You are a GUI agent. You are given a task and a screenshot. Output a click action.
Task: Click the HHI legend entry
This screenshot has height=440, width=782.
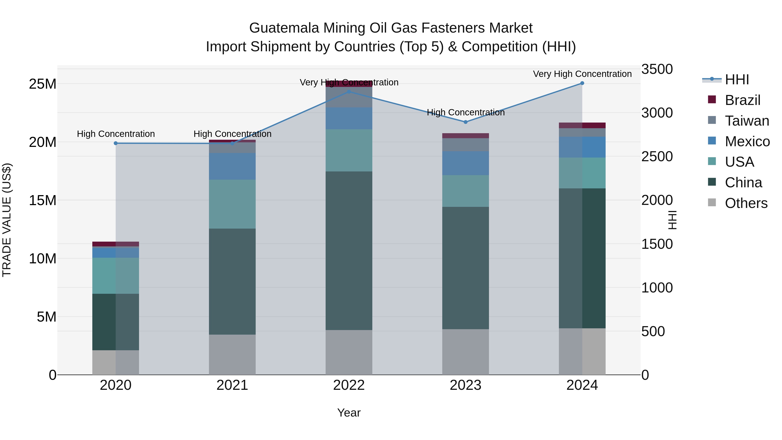737,80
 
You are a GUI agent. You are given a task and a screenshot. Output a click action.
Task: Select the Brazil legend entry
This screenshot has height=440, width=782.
742,100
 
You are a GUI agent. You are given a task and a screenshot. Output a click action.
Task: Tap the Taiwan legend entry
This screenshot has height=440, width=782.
747,121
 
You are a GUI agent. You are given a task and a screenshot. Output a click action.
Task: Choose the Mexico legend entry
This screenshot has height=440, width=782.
747,141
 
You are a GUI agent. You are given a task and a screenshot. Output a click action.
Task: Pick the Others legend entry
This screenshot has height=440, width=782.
746,203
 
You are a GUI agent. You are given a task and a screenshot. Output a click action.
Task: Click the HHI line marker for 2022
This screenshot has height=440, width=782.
349,92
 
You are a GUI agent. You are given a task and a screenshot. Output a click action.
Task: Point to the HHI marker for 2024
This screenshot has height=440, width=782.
582,83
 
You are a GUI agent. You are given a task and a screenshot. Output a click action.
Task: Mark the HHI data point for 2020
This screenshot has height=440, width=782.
116,143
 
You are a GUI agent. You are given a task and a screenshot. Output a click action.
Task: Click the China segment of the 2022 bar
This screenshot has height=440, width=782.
349,251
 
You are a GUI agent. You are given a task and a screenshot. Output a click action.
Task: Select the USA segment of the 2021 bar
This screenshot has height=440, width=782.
232,204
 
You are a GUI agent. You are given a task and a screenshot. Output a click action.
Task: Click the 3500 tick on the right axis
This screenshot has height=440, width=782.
657,69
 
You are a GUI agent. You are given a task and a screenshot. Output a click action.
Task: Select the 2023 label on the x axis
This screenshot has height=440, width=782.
465,385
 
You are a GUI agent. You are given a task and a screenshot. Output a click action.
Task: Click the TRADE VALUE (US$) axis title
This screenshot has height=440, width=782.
7,220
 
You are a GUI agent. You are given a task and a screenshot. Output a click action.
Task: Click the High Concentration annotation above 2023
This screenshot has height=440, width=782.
465,112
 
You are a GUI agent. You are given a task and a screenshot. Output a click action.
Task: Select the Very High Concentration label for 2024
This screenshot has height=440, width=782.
582,74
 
